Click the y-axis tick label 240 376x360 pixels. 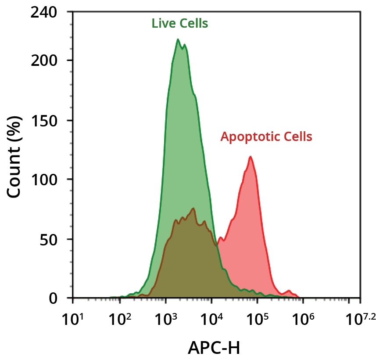[x=44, y=13]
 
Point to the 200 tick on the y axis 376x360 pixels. [x=44, y=61]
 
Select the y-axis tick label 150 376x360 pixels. [x=44, y=120]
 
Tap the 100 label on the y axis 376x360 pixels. [x=44, y=180]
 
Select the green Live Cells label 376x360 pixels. [x=180, y=23]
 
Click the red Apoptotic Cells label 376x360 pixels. [x=266, y=137]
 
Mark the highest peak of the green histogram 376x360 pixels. [x=178, y=40]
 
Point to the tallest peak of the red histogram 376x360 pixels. [x=251, y=157]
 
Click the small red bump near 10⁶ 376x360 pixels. [x=289, y=291]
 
